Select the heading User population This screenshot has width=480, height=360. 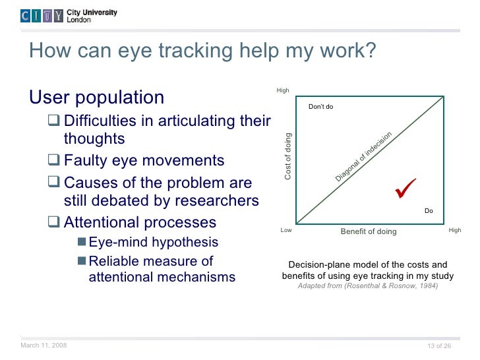[x=97, y=98]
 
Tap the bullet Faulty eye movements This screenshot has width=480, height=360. [x=144, y=161]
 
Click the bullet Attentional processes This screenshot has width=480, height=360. [x=140, y=222]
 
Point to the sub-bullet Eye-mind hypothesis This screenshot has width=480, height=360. [x=153, y=242]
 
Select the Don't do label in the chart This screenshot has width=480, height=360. [x=320, y=107]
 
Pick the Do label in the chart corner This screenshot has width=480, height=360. [x=429, y=211]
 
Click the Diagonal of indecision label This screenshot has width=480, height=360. [x=363, y=157]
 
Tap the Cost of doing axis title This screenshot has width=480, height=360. [x=287, y=156]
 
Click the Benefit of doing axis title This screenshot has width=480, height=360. [x=369, y=231]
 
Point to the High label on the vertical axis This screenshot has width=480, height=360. [x=283, y=90]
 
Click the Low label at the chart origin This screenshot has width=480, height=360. [x=286, y=231]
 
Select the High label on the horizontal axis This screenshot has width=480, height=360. [x=454, y=231]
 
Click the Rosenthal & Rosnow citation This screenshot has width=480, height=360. [x=367, y=286]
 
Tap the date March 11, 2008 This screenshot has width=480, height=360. [x=44, y=345]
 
